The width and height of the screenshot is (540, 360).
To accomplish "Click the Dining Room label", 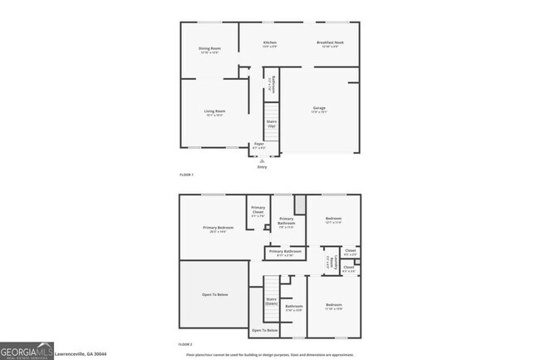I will coord(209,48).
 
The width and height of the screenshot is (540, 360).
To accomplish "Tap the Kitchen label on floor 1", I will coord(269,42).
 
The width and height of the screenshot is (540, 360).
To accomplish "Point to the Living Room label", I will coord(215,111).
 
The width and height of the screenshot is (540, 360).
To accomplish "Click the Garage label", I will coord(318,108).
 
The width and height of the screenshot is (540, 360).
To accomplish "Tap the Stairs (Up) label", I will coord(272,123).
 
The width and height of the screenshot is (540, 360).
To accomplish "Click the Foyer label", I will coord(259,145).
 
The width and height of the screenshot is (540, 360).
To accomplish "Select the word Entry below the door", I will coord(262,167).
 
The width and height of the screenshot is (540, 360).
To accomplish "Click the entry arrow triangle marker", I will coord(262,160).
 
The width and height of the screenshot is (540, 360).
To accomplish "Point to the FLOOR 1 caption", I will coord(186,175).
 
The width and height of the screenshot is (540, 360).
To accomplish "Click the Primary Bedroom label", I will coord(218,227).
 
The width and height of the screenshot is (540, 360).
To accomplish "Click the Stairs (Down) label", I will coord(271,301).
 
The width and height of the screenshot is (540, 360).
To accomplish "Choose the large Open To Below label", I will coord(214,295).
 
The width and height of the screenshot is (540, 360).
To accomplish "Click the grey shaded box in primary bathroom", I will coord(300,204).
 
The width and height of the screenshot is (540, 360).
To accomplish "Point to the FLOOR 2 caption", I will coord(185,343).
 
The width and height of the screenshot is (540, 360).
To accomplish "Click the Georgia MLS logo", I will coord(27,351).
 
